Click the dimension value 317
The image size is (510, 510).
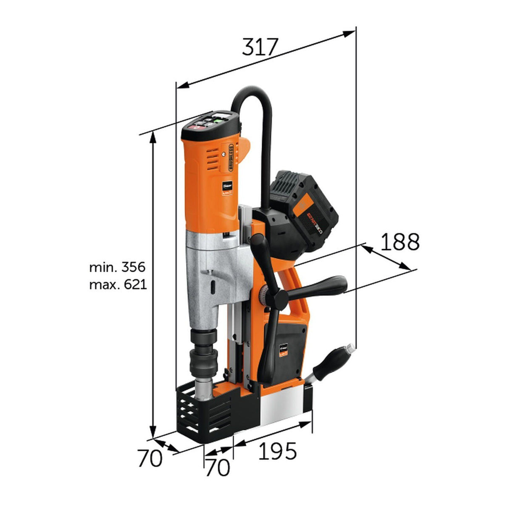[260, 47]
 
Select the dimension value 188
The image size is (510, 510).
[400, 242]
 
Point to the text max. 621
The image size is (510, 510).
[118, 284]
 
